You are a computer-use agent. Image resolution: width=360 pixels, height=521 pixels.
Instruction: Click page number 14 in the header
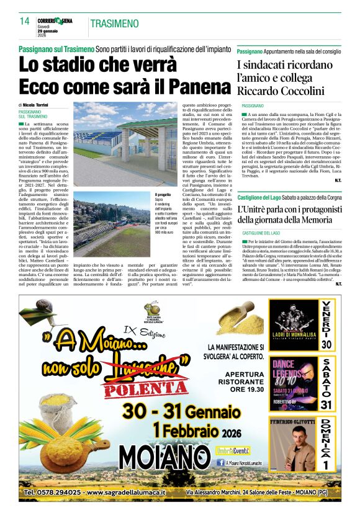[24, 22]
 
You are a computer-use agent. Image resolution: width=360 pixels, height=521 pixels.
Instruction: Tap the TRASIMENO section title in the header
[115, 24]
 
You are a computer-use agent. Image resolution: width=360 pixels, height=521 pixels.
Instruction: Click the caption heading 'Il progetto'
[163, 194]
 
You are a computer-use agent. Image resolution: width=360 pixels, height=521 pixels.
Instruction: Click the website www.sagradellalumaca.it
[128, 492]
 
